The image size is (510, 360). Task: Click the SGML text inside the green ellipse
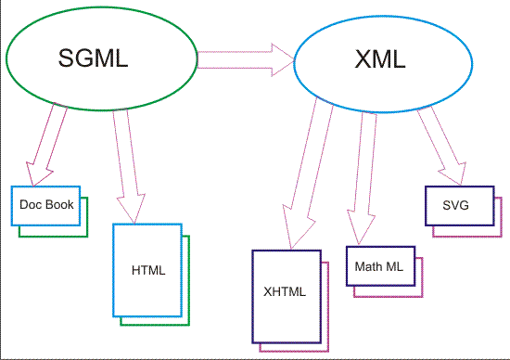click(90, 60)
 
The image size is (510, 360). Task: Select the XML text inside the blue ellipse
click(380, 61)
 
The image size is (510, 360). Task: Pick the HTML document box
click(147, 270)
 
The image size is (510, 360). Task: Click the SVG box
click(454, 205)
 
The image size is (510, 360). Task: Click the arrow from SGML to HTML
click(125, 153)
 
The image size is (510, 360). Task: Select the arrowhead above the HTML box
click(132, 209)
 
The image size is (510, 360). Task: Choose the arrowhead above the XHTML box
click(294, 237)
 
